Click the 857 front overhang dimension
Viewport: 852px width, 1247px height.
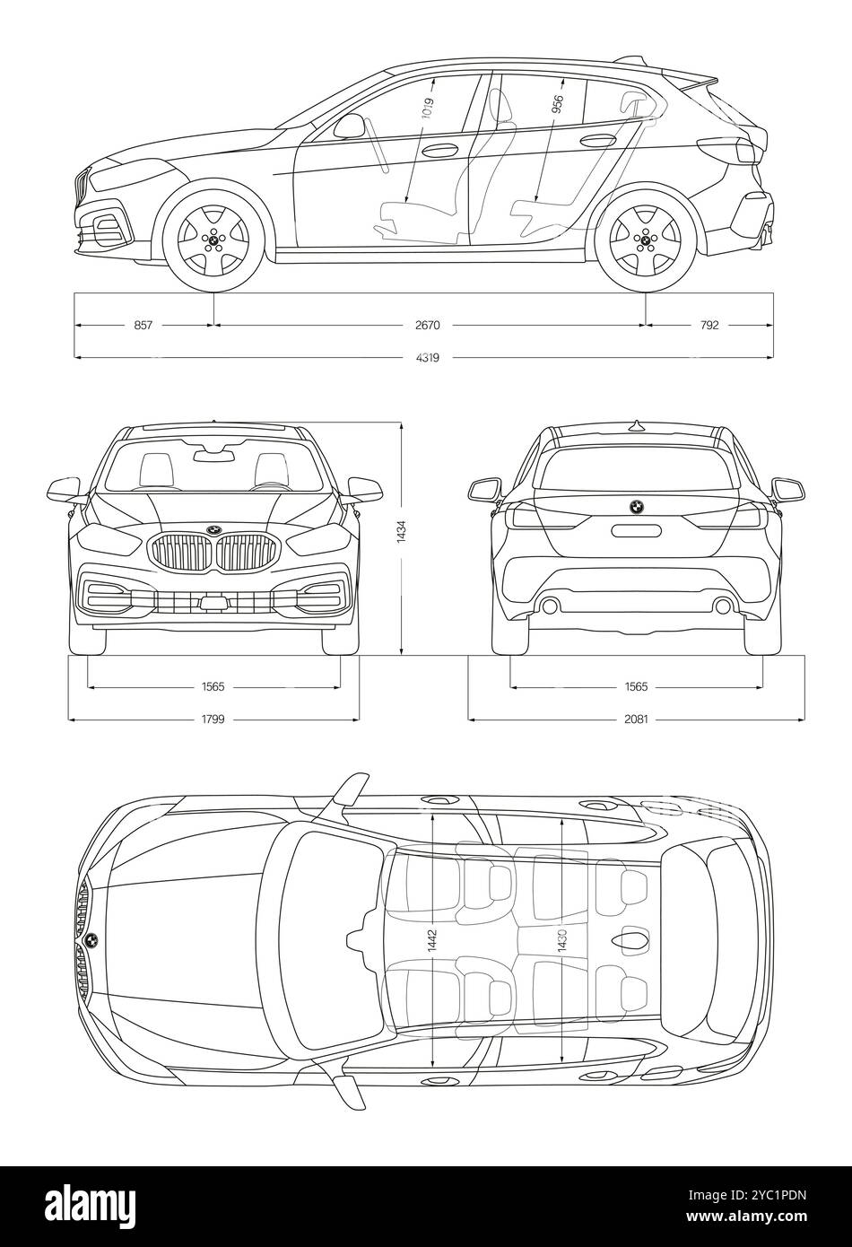click(143, 325)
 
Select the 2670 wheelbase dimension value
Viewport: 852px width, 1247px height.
click(428, 325)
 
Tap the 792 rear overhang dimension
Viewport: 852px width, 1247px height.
click(709, 325)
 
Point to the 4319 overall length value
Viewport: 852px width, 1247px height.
click(428, 357)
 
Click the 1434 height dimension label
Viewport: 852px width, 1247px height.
click(402, 532)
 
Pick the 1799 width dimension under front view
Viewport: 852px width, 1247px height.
click(213, 719)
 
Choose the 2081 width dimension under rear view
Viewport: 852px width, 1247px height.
click(636, 719)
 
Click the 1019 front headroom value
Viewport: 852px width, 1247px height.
click(427, 108)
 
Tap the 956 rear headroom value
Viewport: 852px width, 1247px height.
click(557, 105)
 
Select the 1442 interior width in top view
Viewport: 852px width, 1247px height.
click(433, 941)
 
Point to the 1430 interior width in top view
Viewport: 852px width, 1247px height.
click(562, 941)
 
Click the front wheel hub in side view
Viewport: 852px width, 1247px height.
click(213, 240)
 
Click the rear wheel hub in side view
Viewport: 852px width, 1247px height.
click(646, 240)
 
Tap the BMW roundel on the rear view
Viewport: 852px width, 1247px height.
click(636, 507)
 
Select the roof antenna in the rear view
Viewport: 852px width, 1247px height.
click(636, 426)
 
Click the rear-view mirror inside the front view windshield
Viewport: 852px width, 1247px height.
click(214, 456)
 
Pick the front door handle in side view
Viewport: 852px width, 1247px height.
click(439, 151)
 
